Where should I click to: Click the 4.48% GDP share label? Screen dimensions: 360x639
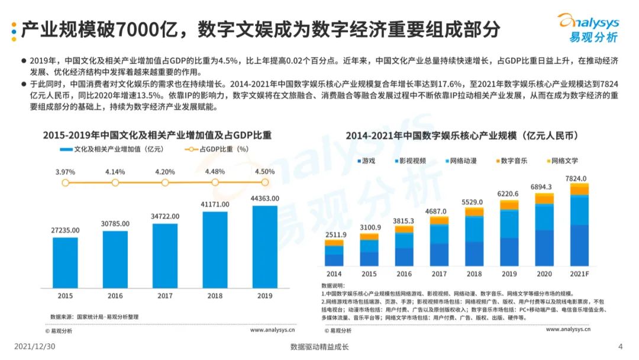[215, 172]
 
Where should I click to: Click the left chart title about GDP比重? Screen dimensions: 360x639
[157, 135]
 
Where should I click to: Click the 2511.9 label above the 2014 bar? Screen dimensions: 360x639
[335, 235]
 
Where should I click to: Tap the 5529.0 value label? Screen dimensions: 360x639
[475, 202]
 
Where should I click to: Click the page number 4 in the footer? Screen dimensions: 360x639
[620, 347]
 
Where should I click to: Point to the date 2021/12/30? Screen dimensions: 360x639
[34, 347]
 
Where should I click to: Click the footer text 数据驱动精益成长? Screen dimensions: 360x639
[319, 347]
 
